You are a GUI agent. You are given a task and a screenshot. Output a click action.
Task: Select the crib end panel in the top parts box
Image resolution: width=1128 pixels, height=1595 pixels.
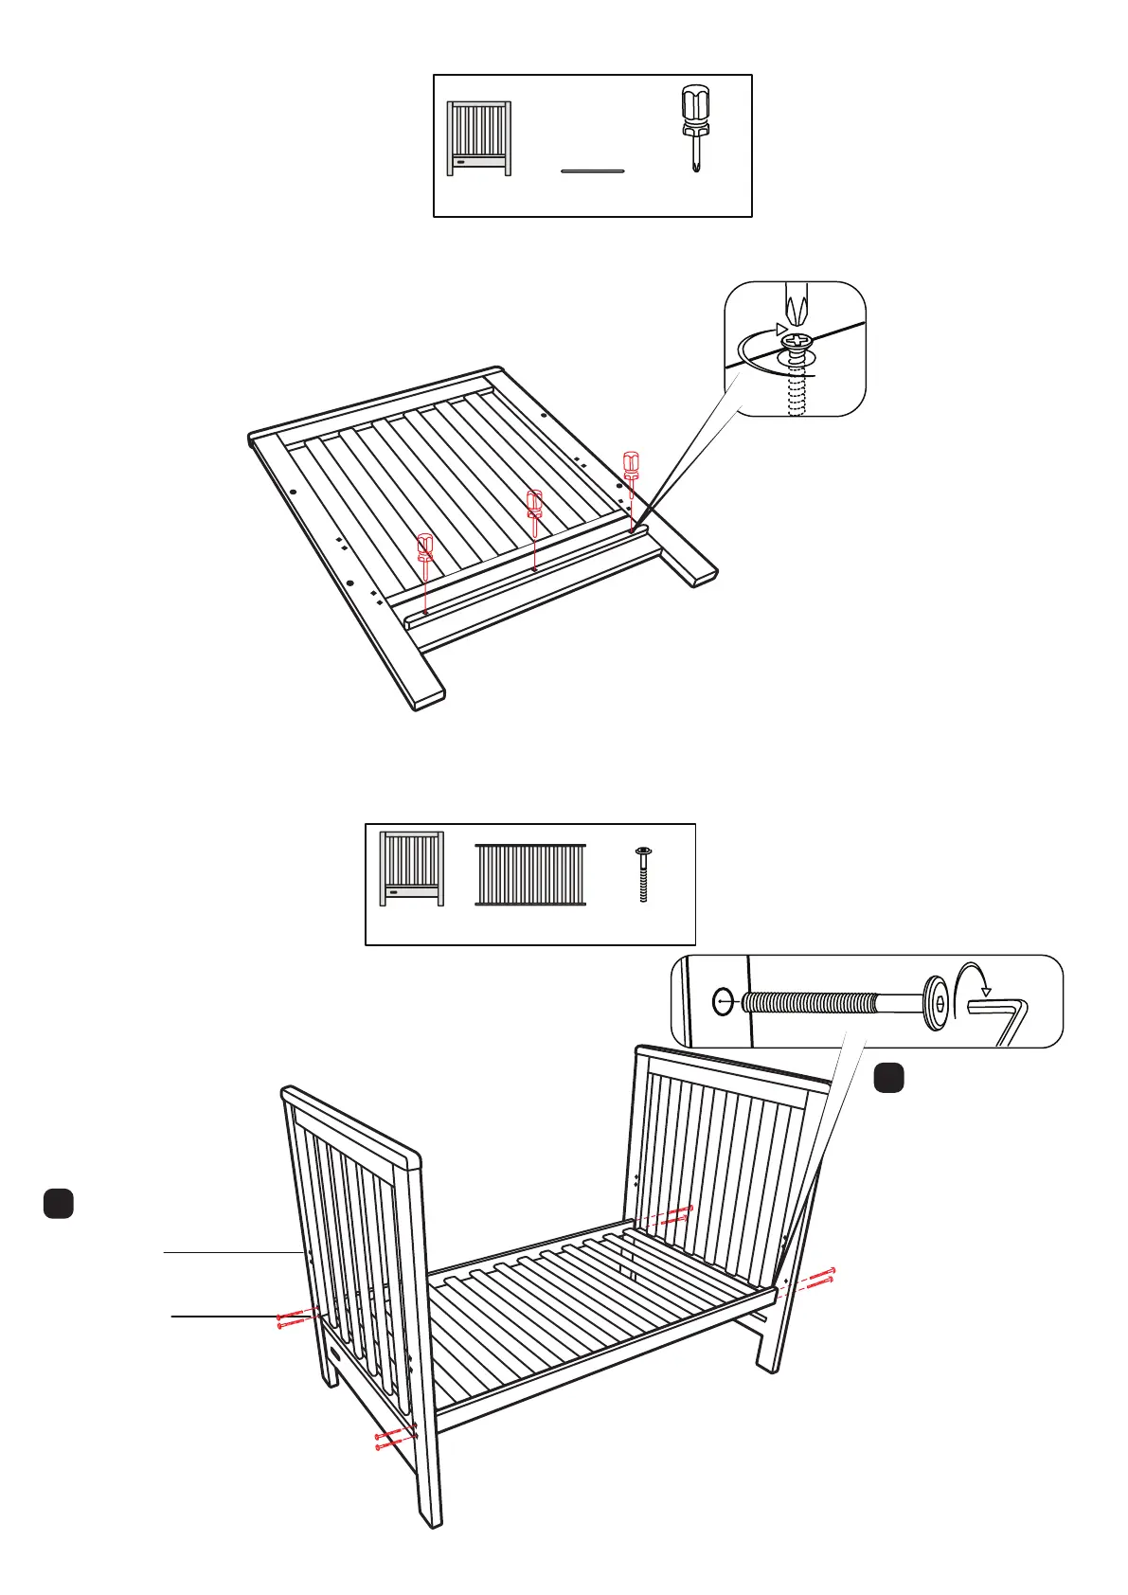[x=479, y=138]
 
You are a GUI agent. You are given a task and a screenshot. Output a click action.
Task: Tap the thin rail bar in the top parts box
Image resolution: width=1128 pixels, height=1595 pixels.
[x=593, y=171]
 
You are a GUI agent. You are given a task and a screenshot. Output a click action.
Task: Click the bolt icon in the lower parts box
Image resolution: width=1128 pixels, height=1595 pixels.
[x=643, y=874]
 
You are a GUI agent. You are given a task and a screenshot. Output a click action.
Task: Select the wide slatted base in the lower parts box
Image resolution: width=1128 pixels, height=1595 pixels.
[x=530, y=874]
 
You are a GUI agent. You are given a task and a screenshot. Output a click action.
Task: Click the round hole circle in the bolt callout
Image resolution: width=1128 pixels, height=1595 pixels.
[x=723, y=1001]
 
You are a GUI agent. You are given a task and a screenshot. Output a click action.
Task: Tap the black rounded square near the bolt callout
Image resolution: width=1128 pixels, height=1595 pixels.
[x=887, y=1078]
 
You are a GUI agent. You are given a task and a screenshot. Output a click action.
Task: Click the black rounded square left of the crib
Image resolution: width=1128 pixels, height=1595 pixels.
[x=58, y=1203]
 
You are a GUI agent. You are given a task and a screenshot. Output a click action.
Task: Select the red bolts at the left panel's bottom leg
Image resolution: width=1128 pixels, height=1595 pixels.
[x=396, y=1438]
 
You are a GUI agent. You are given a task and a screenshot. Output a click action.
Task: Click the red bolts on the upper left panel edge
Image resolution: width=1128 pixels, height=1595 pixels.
[x=295, y=1317]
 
